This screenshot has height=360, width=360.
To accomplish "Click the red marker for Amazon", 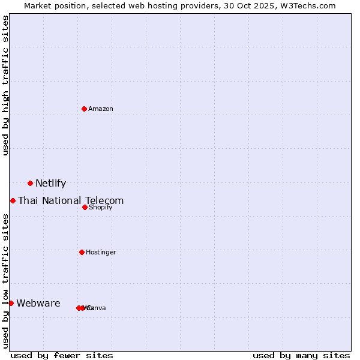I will [84, 109].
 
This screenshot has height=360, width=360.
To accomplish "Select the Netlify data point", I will [30, 183].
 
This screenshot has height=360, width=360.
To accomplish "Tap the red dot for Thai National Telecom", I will [13, 200].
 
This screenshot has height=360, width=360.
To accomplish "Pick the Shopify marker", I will [85, 207].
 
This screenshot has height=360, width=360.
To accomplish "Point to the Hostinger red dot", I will [82, 252].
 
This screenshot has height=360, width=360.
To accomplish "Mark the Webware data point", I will [11, 303].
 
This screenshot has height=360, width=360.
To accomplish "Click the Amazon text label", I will [101, 109].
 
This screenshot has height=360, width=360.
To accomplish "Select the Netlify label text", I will [50, 184].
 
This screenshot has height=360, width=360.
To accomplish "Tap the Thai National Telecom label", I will [71, 201].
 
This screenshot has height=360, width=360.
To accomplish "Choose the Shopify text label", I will [100, 208].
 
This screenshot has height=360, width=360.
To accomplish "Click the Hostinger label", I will [101, 253].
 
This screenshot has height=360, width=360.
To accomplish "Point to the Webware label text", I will [38, 304].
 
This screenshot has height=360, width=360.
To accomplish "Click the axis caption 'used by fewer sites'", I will [62, 356].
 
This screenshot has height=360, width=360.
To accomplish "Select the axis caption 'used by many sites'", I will [301, 356].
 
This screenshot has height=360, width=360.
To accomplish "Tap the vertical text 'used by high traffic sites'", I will [6, 85].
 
